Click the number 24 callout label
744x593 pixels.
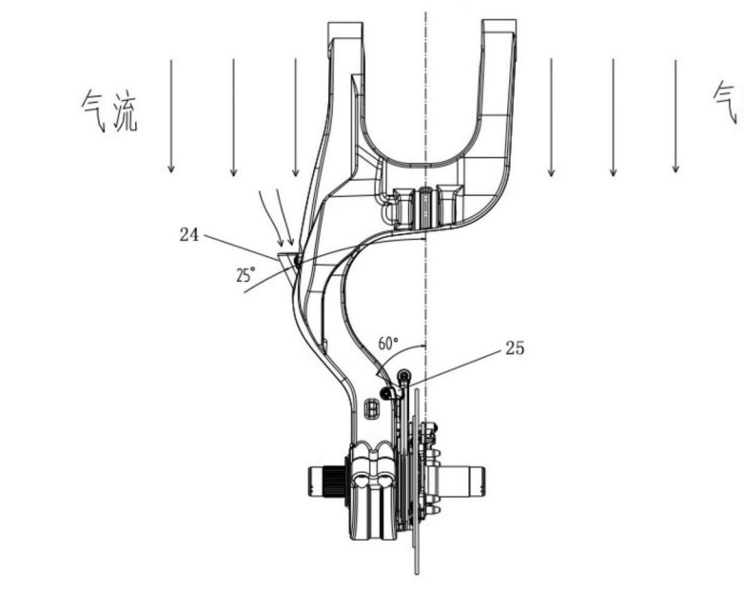point(189,231)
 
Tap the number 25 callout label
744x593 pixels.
point(514,348)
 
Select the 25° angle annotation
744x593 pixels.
point(245,275)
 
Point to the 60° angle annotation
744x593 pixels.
point(387,342)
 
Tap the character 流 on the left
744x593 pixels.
point(125,112)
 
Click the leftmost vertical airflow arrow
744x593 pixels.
point(171,114)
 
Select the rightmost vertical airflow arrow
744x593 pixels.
point(675,114)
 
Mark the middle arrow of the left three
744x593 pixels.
point(233,114)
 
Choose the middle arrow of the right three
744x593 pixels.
point(613,114)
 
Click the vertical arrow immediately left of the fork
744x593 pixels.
point(295,114)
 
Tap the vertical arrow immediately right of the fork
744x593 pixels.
point(551,114)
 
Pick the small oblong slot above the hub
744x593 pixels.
point(372,406)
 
